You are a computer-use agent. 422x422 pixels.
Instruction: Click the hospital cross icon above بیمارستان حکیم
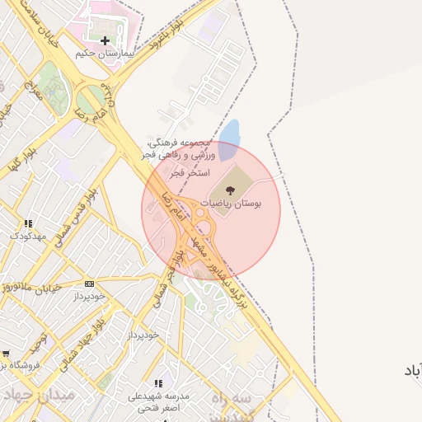click(x=105, y=40)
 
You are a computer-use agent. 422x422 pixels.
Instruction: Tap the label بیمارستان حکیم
click(x=104, y=53)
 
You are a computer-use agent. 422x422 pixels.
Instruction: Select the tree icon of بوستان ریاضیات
click(x=241, y=191)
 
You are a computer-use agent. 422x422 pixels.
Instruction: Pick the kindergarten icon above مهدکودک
click(x=29, y=223)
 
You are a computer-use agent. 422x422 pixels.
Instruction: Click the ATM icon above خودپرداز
click(x=89, y=284)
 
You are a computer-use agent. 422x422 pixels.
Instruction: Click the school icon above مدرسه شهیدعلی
click(x=159, y=384)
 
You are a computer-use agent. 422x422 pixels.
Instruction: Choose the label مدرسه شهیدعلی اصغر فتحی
click(x=158, y=401)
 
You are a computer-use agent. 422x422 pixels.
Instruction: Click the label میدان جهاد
click(x=40, y=395)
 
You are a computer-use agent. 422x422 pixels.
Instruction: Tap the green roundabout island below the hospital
click(x=92, y=96)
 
